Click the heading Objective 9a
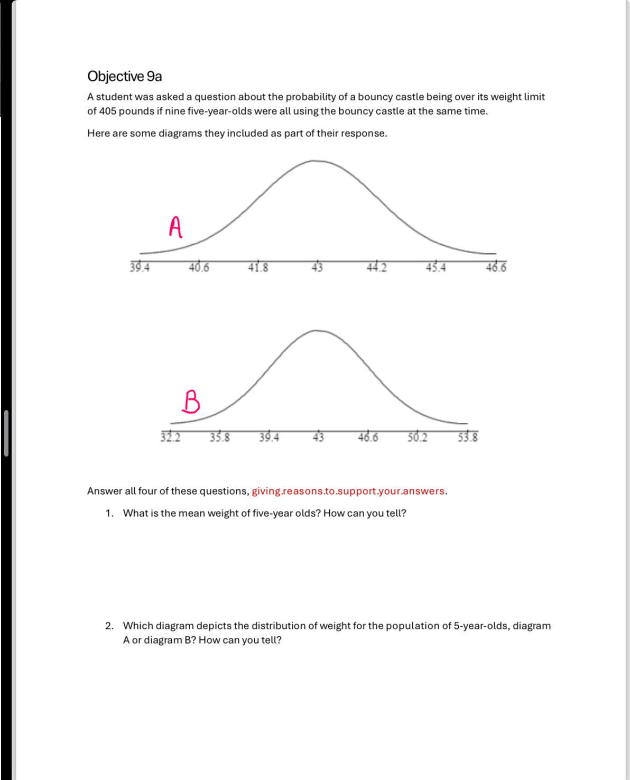pyautogui.click(x=125, y=77)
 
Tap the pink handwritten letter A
pyautogui.click(x=176, y=227)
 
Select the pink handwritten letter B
pyautogui.click(x=191, y=401)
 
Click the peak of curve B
pyautogui.click(x=316, y=331)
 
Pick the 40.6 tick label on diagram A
pyautogui.click(x=199, y=268)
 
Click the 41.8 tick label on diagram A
pyautogui.click(x=258, y=268)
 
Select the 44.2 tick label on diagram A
pyautogui.click(x=376, y=268)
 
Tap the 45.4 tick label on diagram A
pyautogui.click(x=436, y=268)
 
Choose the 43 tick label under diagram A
pyautogui.click(x=317, y=268)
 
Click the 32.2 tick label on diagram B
pyautogui.click(x=170, y=438)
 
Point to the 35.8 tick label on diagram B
pyautogui.click(x=220, y=438)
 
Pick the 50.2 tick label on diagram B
pyautogui.click(x=418, y=438)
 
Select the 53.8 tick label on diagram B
pyautogui.click(x=468, y=438)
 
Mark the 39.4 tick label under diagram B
pyautogui.click(x=269, y=438)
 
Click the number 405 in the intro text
pyautogui.click(x=107, y=112)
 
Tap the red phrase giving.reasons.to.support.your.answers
pyautogui.click(x=348, y=491)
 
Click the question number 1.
pyautogui.click(x=108, y=514)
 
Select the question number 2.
pyautogui.click(x=109, y=626)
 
